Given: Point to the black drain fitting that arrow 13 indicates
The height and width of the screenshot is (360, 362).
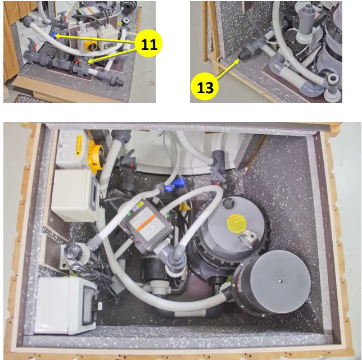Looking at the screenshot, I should click(x=246, y=54).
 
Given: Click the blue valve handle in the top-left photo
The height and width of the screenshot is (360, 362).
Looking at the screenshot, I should click(x=55, y=35).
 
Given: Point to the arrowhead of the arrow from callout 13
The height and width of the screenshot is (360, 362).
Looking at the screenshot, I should click(x=239, y=58).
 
